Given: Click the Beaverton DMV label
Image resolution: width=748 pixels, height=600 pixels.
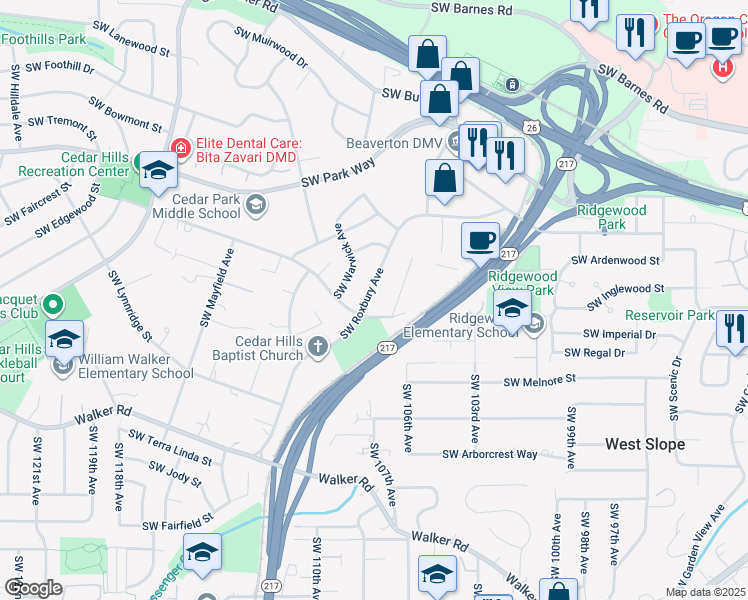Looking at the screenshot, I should coord(394,143).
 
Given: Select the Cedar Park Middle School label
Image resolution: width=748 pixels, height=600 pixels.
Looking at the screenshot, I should coord(196,206).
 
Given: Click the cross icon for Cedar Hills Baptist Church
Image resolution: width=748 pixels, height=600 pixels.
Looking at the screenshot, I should coord(318,346).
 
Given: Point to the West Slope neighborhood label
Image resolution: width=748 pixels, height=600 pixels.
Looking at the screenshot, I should coord(645,443).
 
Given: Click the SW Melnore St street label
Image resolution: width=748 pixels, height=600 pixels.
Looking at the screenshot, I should coord(540,381).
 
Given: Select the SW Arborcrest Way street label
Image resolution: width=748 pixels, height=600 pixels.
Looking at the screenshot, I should coord(491,454).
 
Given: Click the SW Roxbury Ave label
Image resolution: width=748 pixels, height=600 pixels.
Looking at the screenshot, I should coord(363,303).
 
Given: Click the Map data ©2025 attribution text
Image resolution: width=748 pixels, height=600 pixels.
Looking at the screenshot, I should coord(706,592).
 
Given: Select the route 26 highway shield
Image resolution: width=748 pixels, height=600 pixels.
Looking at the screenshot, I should coord(533,127).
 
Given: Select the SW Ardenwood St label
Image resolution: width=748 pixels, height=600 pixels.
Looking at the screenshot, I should coord(615,260).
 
